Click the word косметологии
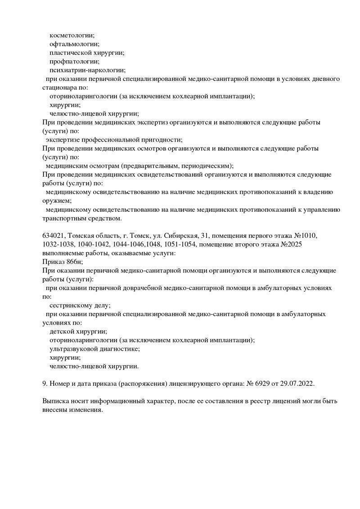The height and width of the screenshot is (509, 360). coord(72,35)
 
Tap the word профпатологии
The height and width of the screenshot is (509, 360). coord(74,61)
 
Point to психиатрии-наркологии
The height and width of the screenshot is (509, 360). coord(87,70)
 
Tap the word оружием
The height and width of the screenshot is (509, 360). coord(56,201)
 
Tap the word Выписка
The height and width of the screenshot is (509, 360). coord(55,401)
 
